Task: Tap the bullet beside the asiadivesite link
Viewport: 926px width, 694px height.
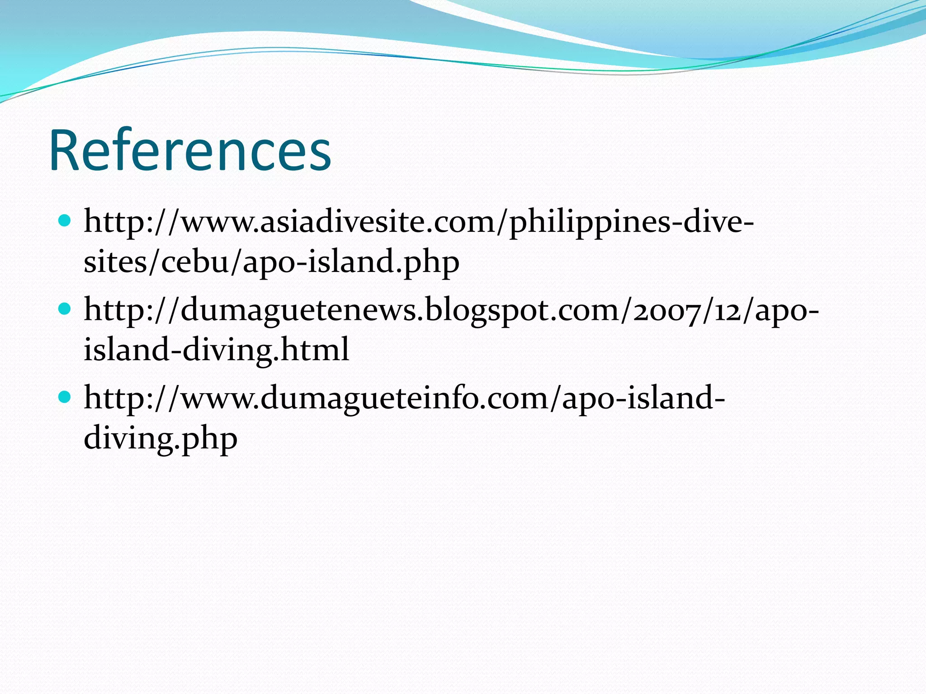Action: coord(65,221)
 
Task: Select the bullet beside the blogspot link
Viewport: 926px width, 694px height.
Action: coord(65,309)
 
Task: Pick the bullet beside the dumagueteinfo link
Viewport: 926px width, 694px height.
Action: coord(65,397)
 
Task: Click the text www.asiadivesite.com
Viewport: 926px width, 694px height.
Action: coord(336,222)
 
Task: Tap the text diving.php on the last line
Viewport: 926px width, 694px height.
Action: coord(161,439)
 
